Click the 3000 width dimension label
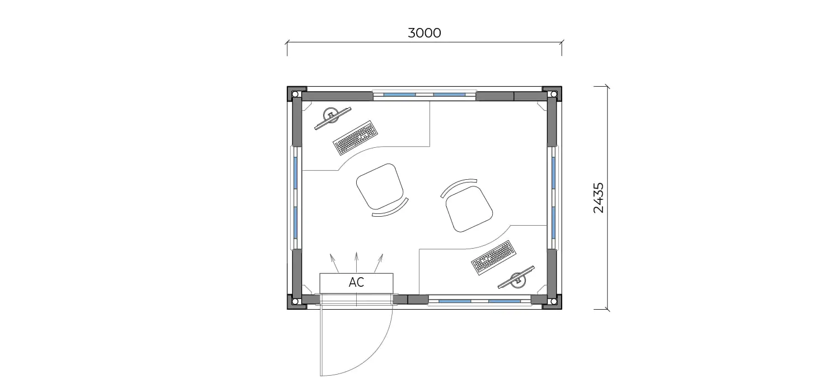pos(424,33)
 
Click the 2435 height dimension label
pos(599,198)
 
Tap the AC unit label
pos(356,282)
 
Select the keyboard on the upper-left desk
pos(355,138)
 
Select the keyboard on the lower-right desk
pos(494,258)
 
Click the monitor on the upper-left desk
pos(333,118)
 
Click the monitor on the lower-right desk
pos(516,278)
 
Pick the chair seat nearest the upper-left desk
pos(380,186)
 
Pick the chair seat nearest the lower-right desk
pos(469,209)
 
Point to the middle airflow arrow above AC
pos(356,262)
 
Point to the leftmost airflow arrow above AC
pos(334,263)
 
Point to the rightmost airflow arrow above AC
pos(379,263)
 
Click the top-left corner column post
pos(295,94)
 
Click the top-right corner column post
pos(553,94)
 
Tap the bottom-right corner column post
pos(553,301)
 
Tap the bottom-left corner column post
pos(295,301)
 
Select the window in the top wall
pos(424,95)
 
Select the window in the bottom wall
pos(479,301)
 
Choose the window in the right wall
pos(553,198)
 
